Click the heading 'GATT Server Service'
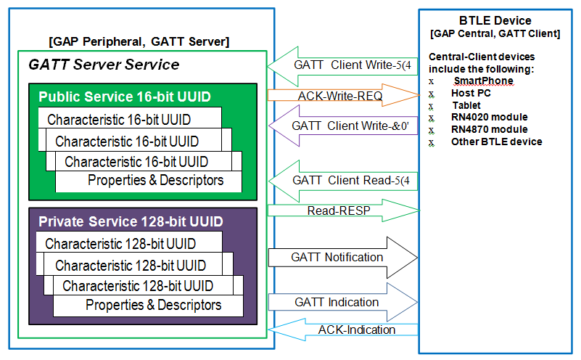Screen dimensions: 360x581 104,65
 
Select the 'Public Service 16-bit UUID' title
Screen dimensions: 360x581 111,97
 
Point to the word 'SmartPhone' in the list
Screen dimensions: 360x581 483,81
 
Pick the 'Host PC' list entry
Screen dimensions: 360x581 472,93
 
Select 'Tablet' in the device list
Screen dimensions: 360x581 466,105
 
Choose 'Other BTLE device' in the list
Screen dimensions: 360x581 496,142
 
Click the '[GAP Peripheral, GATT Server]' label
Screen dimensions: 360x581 138,41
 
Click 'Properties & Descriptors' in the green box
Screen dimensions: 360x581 155,180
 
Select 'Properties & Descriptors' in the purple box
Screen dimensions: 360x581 153,305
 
